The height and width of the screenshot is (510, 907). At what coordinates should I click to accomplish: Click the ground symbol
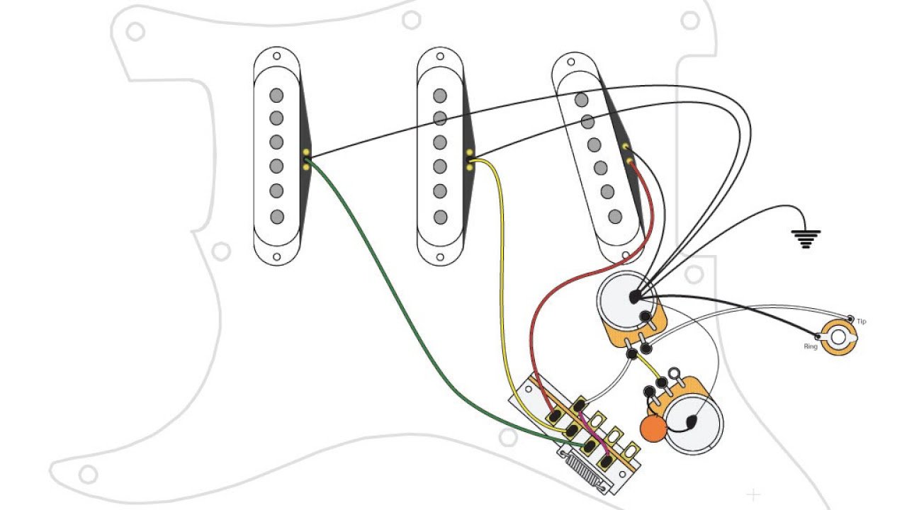[806, 239]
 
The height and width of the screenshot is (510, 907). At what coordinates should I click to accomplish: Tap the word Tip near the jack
[861, 322]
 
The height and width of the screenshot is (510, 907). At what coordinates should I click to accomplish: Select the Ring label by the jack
[811, 346]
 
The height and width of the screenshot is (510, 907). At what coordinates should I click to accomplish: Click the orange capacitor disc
[653, 428]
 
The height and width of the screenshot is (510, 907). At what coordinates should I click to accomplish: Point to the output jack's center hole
[840, 338]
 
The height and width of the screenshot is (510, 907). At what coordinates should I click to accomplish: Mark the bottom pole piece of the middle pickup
[440, 217]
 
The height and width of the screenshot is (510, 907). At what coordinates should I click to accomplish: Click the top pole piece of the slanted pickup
[582, 100]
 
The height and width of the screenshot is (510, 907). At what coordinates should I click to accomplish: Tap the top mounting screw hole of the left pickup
[276, 56]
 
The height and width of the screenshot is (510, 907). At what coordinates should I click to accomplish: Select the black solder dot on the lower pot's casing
[689, 423]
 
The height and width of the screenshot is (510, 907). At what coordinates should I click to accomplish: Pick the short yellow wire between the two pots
[643, 365]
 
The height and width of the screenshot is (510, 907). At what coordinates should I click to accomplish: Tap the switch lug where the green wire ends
[588, 446]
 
